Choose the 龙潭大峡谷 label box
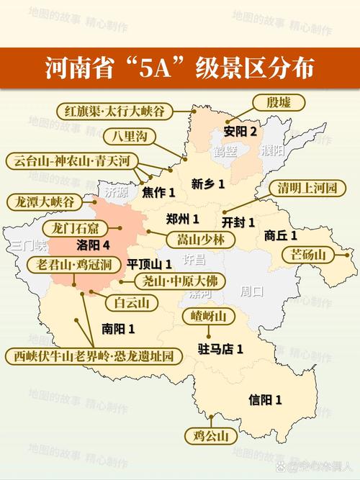(45, 201)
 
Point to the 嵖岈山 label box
(209, 317)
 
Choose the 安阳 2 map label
(240, 132)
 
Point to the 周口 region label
(251, 291)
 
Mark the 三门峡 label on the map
(28, 246)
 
